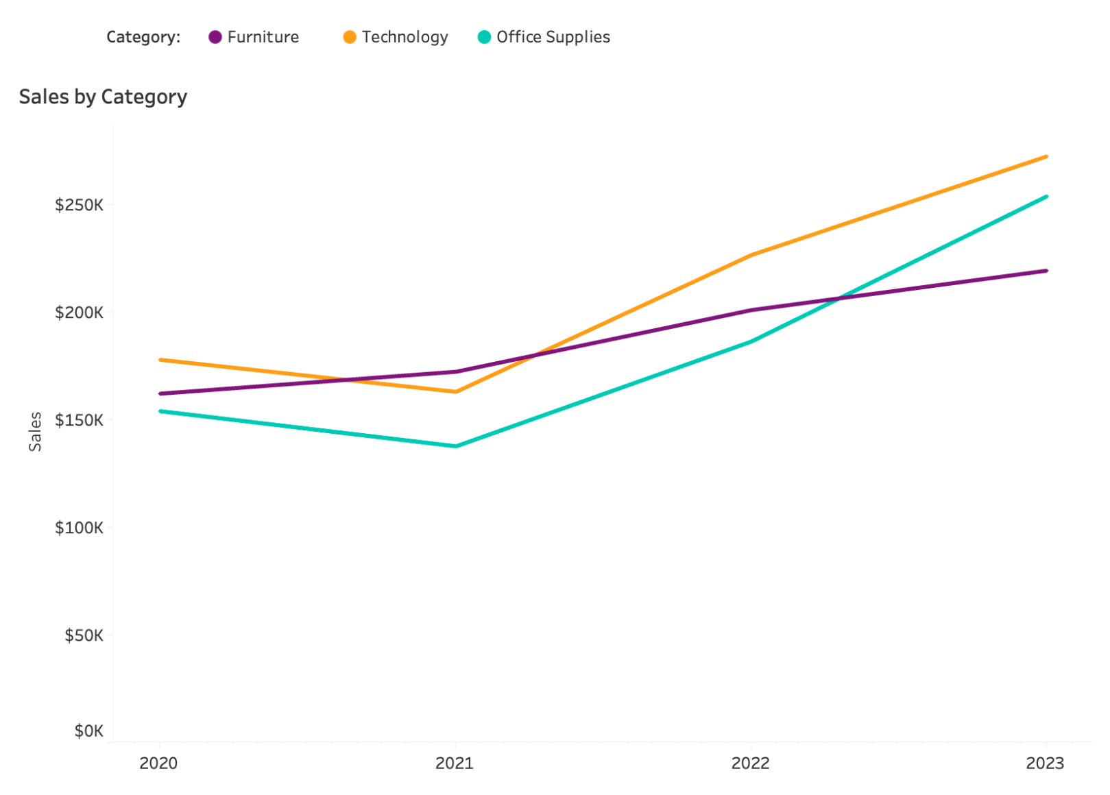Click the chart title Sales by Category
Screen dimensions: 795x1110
[x=103, y=97]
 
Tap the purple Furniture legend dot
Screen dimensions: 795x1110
[x=215, y=37]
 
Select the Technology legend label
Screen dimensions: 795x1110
[x=405, y=37]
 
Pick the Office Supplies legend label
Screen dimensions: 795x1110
[x=553, y=37]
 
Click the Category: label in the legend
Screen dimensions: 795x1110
[x=143, y=37]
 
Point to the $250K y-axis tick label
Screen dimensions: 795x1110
[x=79, y=205]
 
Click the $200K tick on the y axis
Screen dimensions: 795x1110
[x=79, y=313]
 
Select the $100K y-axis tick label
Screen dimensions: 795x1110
[x=79, y=528]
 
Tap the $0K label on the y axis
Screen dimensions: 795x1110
[x=88, y=731]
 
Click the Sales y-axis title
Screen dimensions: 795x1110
[x=35, y=431]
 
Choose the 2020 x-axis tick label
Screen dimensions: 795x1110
[x=158, y=763]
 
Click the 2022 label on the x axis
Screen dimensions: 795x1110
[x=750, y=763]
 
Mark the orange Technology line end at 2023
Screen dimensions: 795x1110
[x=1046, y=156]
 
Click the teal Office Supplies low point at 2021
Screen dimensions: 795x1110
[x=456, y=446]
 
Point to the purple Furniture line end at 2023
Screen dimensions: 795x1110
[x=1046, y=271]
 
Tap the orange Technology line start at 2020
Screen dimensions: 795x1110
[x=160, y=359]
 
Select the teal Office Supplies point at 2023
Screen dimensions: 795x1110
[x=1046, y=197]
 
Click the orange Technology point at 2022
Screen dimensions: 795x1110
[x=751, y=255]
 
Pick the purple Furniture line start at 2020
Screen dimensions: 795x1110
[x=160, y=393]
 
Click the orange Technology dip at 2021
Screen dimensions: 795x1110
[x=456, y=392]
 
